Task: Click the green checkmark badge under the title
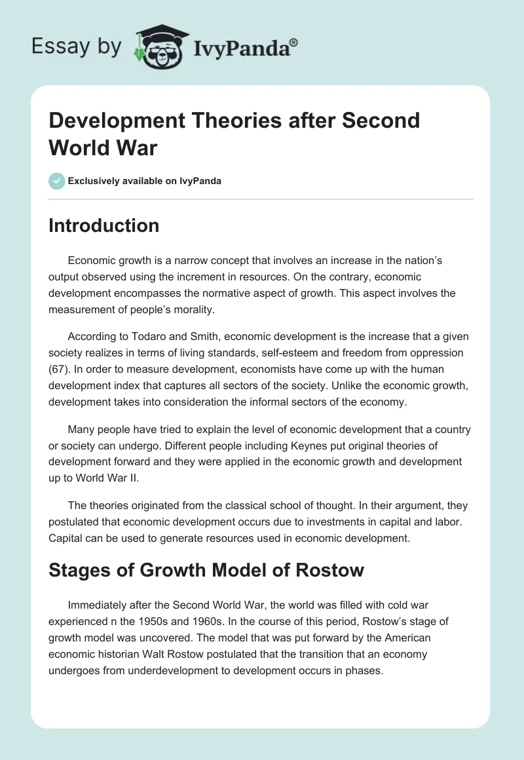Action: point(57,181)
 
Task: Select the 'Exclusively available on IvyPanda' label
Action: point(145,181)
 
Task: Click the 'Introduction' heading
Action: point(104,225)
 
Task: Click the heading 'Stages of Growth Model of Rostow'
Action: point(206,570)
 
